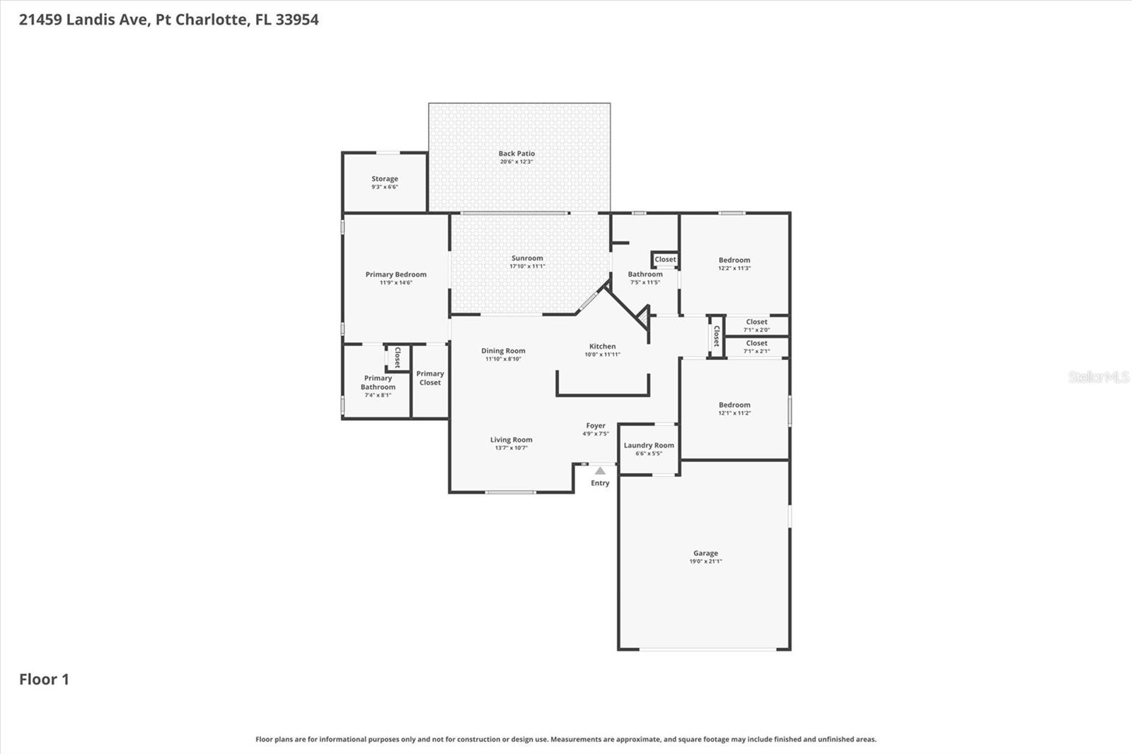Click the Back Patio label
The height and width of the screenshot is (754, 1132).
516,153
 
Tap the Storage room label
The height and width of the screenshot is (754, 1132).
385,179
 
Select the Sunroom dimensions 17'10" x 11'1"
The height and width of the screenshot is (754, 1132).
527,267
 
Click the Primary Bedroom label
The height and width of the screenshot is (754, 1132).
395,274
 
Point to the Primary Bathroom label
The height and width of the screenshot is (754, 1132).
378,383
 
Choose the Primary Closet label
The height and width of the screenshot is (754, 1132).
429,378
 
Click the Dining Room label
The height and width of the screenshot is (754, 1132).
503,351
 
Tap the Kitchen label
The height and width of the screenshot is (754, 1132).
602,347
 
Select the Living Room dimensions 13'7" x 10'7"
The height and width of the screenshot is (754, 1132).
511,448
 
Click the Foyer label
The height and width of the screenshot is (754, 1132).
595,426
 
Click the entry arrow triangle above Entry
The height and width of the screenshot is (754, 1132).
600,471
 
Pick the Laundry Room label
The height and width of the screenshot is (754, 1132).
649,446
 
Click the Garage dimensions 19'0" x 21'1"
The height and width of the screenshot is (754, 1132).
705,562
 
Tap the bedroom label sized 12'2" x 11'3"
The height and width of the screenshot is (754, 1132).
734,260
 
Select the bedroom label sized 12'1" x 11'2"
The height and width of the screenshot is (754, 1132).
734,405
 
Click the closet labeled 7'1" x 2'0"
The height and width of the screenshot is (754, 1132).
756,322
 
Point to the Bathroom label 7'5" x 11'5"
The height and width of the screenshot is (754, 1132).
645,274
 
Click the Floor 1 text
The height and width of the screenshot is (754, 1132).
44,679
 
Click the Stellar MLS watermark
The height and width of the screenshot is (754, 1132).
1099,377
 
